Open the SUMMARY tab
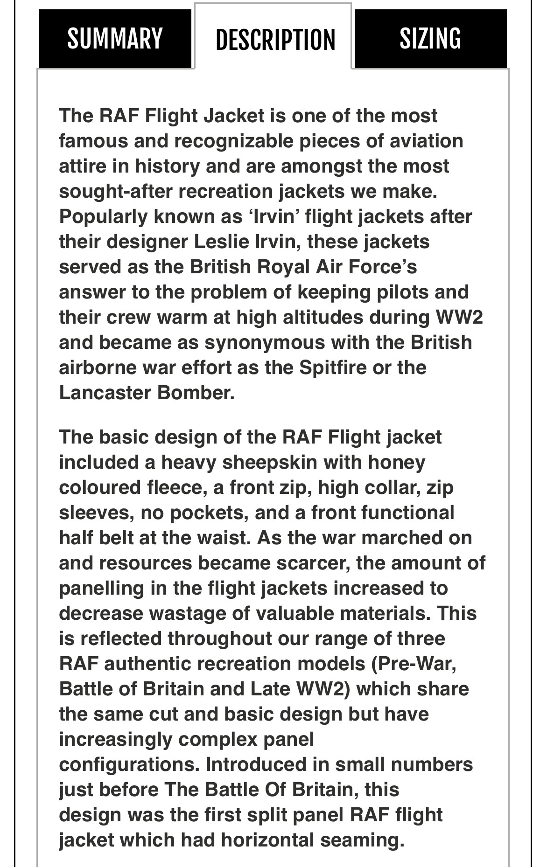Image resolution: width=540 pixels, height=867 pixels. point(115,39)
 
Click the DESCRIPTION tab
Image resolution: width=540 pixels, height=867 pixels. point(275,40)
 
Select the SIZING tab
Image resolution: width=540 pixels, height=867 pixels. point(430,39)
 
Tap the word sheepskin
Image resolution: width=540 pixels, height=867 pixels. point(269,463)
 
